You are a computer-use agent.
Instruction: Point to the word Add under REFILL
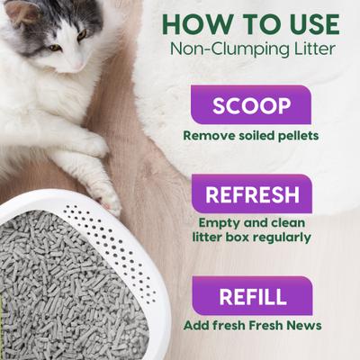(197, 325)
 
